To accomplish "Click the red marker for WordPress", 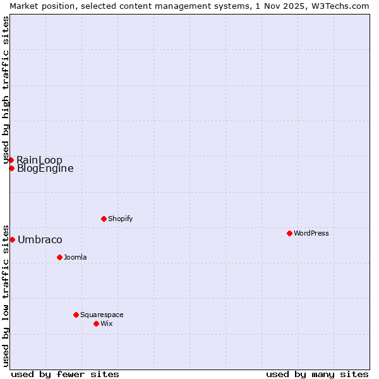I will click(x=289, y=233).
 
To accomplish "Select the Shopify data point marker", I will click(x=104, y=219).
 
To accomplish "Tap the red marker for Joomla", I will click(x=59, y=257).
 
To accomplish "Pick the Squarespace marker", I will click(x=76, y=315).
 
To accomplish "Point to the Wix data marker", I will click(x=96, y=323).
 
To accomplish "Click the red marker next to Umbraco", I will click(x=12, y=239).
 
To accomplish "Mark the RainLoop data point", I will click(x=11, y=160).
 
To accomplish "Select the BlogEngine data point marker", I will click(x=11, y=168).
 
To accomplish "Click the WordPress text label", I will click(x=311, y=233).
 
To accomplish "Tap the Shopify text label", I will click(x=120, y=219).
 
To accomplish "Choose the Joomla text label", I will click(x=75, y=257).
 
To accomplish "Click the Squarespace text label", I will click(x=102, y=315).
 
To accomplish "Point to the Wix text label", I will click(x=107, y=323).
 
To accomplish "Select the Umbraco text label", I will click(x=40, y=239).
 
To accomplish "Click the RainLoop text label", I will click(x=39, y=160).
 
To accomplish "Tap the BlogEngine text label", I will click(x=45, y=169).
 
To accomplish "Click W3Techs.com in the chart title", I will click(x=344, y=6).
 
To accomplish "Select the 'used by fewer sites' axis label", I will click(x=65, y=374).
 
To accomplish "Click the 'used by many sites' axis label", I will click(x=317, y=374).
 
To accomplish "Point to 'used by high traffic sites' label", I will click(x=6, y=90).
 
